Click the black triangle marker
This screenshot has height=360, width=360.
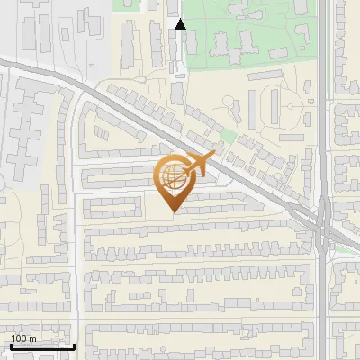(180, 24)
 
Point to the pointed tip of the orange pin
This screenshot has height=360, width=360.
(173, 212)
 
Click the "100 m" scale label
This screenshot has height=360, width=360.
(24, 337)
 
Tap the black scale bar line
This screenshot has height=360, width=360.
(42, 346)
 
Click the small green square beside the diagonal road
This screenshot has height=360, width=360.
(228, 137)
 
